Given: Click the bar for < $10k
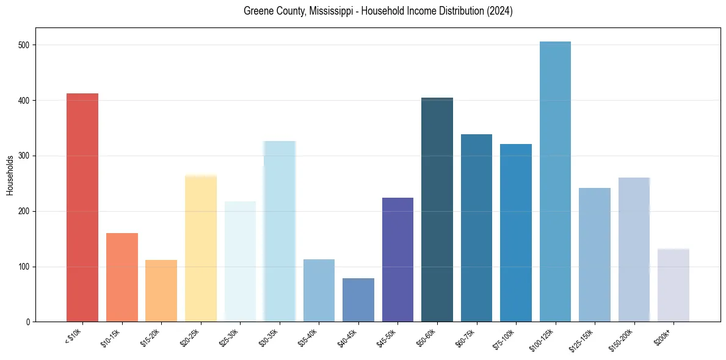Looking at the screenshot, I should (82, 207).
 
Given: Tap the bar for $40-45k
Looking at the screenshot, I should (358, 300).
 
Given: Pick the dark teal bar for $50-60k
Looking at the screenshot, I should (437, 210).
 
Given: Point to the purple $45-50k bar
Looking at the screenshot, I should (397, 260).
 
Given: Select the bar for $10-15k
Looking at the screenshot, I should (122, 278).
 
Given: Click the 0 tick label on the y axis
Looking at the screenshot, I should (28, 322).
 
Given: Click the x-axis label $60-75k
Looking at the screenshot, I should (465, 338).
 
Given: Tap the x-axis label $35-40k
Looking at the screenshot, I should (308, 338).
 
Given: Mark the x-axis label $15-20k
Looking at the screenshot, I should (150, 338).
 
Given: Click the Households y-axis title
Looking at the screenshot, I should (10, 175).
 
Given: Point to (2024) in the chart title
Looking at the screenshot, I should (499, 12).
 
